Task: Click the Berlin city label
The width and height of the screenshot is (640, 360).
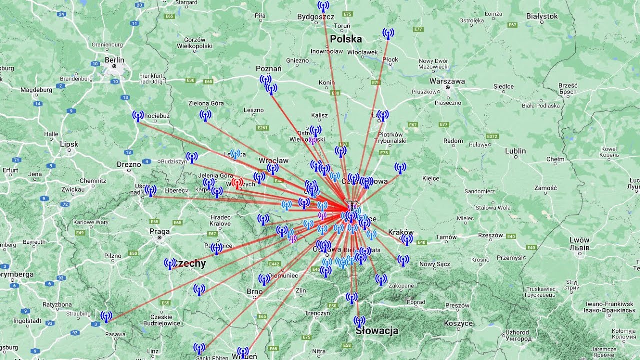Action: point(114,60)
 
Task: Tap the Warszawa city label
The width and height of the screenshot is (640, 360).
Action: point(447,81)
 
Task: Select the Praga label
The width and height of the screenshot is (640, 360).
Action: point(159,231)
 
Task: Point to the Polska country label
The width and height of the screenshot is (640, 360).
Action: point(346,39)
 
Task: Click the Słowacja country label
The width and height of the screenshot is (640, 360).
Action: point(377,331)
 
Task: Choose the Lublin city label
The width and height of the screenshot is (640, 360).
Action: point(515,151)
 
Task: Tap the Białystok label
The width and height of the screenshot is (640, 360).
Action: point(542,16)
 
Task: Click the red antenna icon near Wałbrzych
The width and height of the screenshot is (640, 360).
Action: point(237,183)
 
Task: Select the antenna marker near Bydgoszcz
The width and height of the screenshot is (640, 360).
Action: point(323,6)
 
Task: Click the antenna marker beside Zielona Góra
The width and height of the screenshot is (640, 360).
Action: point(205,115)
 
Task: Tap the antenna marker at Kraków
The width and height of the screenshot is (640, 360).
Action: point(407,239)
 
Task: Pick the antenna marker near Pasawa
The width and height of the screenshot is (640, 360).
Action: point(106,316)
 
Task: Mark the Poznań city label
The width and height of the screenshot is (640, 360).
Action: point(269,69)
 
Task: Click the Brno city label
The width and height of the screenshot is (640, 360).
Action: point(254,292)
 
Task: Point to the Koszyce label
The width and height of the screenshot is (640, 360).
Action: point(458,323)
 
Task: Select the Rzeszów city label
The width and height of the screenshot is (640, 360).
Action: point(490,235)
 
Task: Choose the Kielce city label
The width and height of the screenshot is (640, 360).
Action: point(431,178)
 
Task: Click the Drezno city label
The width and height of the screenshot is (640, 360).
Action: point(129,164)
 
